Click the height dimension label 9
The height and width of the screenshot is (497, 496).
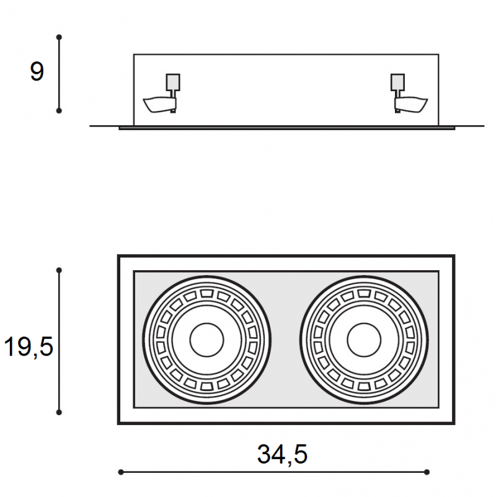pyautogui.click(x=37, y=71)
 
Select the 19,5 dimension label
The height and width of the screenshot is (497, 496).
pyautogui.click(x=29, y=347)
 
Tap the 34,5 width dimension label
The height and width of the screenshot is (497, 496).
pyautogui.click(x=282, y=454)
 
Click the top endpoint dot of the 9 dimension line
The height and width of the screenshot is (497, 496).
pyautogui.click(x=59, y=37)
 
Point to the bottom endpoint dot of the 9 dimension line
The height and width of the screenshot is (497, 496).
pyautogui.click(x=59, y=111)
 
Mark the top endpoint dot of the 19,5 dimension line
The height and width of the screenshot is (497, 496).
pyautogui.click(x=59, y=270)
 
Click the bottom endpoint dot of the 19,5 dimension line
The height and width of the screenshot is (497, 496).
pyautogui.click(x=59, y=412)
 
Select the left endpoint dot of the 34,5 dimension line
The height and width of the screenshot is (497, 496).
pyautogui.click(x=121, y=472)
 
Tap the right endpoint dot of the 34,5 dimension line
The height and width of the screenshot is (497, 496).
pyautogui.click(x=427, y=472)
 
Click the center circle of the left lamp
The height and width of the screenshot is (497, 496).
pyautogui.click(x=207, y=340)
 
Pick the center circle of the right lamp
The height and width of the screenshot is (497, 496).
pyautogui.click(x=364, y=340)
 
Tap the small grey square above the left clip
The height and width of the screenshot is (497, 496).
pyautogui.click(x=173, y=82)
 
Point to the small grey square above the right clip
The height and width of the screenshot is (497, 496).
pyautogui.click(x=397, y=82)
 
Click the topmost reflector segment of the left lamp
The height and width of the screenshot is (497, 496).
pyautogui.click(x=207, y=293)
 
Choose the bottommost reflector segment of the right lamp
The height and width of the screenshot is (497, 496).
pyautogui.click(x=364, y=386)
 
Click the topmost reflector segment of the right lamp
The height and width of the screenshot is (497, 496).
pyautogui.click(x=364, y=293)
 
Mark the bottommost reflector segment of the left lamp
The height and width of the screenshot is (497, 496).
pyautogui.click(x=207, y=386)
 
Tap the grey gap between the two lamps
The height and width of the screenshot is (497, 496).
pyautogui.click(x=285, y=340)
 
